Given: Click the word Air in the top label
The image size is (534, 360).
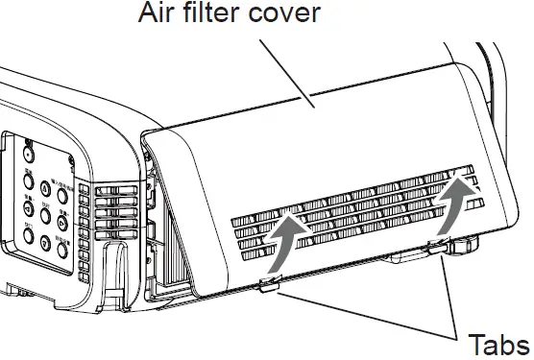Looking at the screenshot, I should [x=161, y=14].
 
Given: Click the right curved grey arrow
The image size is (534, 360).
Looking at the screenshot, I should [x=456, y=207].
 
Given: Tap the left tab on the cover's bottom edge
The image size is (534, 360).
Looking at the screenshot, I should [x=269, y=284].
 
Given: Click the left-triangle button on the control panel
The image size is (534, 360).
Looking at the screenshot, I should [x=31, y=206].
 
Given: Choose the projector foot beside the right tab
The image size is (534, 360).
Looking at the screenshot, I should [x=463, y=247].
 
